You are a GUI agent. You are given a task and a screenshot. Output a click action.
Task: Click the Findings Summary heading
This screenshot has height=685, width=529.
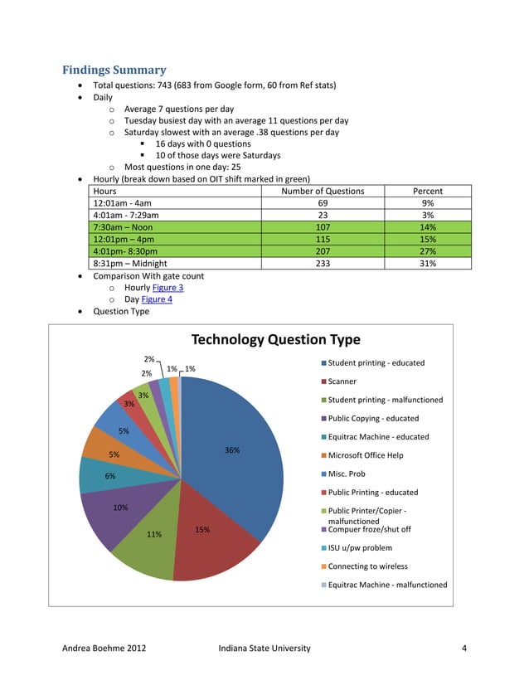tap(114, 70)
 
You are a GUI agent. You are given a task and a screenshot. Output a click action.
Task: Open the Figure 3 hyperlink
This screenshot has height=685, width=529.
tap(167, 288)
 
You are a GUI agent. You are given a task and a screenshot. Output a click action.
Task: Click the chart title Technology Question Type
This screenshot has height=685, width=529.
tap(276, 339)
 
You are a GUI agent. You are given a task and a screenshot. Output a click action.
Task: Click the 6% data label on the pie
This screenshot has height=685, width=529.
tap(109, 476)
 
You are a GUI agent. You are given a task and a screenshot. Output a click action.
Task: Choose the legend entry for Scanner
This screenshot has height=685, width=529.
tap(342, 381)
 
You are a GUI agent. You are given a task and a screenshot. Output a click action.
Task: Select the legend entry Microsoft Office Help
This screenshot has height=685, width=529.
tap(366, 455)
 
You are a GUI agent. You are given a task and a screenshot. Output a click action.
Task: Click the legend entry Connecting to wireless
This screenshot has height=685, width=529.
tap(367, 566)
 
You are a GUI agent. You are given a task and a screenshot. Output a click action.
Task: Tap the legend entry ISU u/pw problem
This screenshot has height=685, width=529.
tap(360, 547)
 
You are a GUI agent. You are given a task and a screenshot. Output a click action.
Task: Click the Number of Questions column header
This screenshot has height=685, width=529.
tap(323, 191)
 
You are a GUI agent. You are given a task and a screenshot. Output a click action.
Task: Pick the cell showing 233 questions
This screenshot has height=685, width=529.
tap(323, 264)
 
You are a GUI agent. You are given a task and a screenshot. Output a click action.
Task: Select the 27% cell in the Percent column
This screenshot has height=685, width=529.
tap(428, 251)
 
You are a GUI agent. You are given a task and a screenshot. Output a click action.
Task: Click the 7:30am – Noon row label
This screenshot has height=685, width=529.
tap(124, 227)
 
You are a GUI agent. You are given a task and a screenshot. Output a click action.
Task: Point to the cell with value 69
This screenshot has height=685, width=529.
tap(323, 203)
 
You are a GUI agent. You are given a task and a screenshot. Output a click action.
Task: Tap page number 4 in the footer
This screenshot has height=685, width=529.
tap(464, 648)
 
